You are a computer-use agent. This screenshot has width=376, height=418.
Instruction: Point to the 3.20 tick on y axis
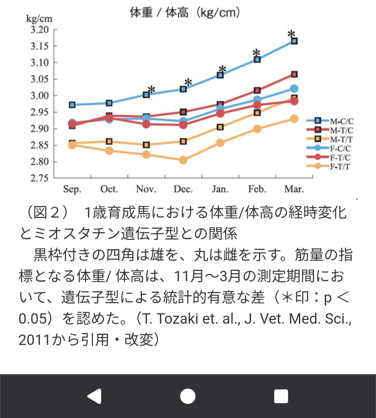click(39, 30)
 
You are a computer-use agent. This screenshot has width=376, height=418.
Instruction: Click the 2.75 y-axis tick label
click(39, 178)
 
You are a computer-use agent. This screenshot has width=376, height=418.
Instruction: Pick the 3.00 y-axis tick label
click(39, 96)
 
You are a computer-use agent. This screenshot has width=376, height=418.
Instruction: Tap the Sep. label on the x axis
click(72, 189)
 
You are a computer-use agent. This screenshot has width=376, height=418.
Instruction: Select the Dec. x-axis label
click(183, 189)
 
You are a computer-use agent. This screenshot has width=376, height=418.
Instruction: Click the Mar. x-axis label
click(294, 189)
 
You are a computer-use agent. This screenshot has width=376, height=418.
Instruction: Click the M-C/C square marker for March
click(294, 41)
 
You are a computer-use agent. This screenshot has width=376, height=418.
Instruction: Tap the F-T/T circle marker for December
click(183, 160)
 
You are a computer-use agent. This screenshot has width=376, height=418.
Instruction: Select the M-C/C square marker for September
click(72, 105)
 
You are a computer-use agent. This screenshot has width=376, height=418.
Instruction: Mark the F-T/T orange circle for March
click(294, 119)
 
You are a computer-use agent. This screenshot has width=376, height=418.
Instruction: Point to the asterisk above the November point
click(151, 90)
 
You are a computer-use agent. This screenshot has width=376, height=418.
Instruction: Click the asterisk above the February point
click(257, 53)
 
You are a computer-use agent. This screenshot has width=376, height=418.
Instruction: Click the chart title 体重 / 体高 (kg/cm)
click(185, 13)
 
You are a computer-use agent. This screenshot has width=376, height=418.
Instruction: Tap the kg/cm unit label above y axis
click(39, 18)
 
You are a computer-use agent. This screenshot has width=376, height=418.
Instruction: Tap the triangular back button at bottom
click(94, 396)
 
